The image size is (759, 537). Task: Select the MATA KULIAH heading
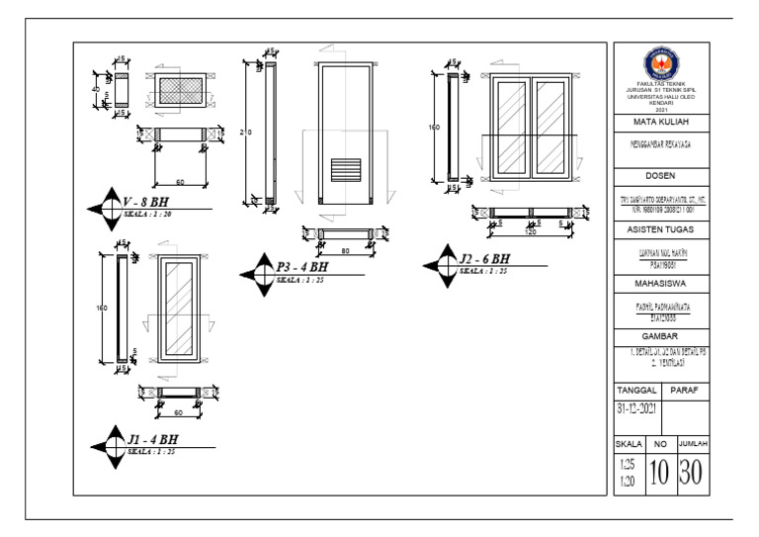tap(661, 123)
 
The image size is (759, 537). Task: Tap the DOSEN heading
tap(661, 178)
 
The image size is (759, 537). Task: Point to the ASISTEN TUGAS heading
tap(661, 229)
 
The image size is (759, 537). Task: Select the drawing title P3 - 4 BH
tap(303, 266)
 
